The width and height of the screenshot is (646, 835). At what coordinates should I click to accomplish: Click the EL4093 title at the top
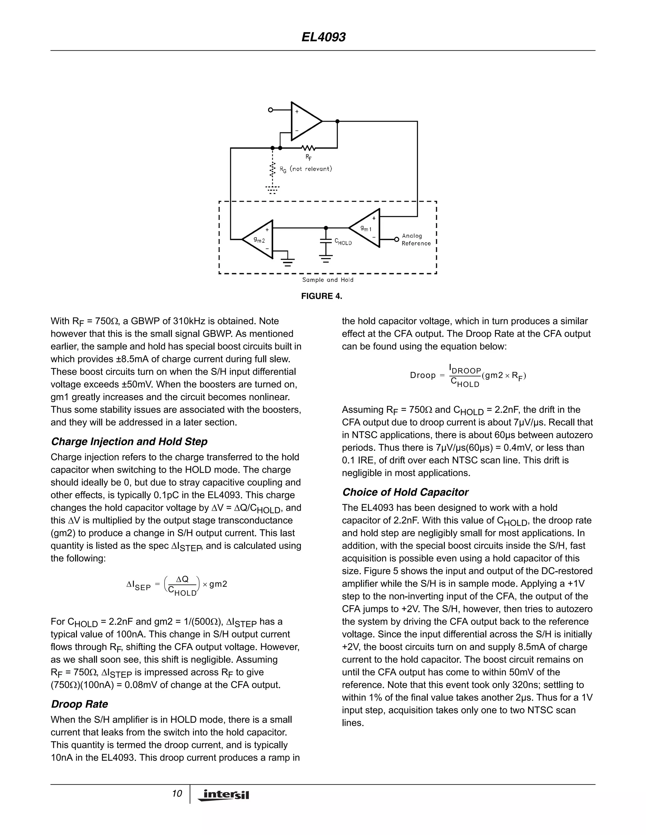click(323, 37)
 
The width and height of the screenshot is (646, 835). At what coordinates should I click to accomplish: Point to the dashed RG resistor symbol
click(273, 169)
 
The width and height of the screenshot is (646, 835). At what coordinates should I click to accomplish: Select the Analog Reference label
click(416, 240)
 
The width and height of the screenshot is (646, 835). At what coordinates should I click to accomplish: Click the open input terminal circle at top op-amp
click(271, 110)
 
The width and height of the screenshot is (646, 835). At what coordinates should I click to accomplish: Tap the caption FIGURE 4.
click(321, 296)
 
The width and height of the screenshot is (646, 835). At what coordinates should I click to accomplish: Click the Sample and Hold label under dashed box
click(328, 280)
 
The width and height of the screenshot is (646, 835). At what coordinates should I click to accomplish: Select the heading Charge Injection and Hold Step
click(129, 441)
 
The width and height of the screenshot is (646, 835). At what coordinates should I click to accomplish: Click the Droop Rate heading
click(79, 704)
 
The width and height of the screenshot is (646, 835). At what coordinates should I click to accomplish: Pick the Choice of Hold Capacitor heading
click(405, 492)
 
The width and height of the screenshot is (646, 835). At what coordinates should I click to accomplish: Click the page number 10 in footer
click(177, 794)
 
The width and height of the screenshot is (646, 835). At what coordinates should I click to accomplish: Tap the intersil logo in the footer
click(224, 795)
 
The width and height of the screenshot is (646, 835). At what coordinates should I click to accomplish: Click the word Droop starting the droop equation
click(422, 376)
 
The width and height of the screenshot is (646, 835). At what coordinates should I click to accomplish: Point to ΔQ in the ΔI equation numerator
click(182, 579)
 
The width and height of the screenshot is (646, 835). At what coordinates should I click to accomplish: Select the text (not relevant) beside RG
click(311, 169)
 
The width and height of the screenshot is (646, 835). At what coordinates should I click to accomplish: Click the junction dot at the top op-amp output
click(337, 121)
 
